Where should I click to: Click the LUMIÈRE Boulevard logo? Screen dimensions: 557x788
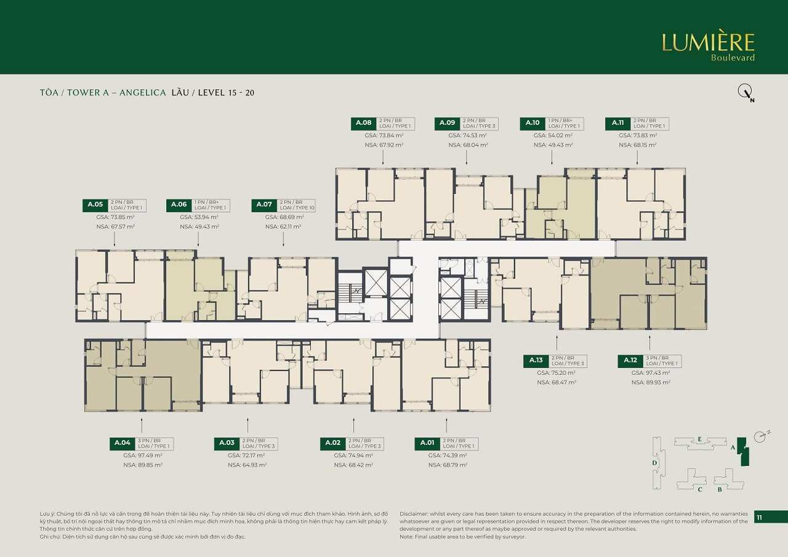(708, 46)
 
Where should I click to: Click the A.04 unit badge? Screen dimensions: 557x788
(122, 443)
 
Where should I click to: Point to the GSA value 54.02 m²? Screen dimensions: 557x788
(552, 135)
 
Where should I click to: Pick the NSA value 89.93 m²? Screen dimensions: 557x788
(651, 382)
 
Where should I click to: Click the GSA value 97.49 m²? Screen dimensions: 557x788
(142, 455)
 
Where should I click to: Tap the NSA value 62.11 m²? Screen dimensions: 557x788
(283, 226)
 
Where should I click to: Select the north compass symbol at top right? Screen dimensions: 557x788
(746, 93)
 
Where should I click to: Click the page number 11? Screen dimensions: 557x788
(759, 518)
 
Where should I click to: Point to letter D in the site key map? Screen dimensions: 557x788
(655, 462)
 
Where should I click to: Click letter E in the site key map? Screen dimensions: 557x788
(700, 439)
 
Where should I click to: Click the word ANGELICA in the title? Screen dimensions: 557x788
(142, 93)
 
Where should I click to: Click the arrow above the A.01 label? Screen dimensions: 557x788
(446, 425)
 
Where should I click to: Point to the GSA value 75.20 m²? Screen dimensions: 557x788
(556, 372)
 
